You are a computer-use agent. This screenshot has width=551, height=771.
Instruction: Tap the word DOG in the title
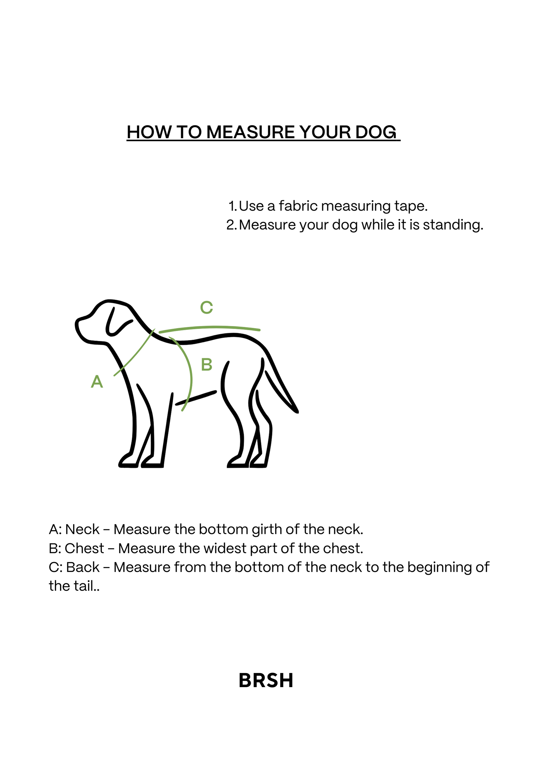point(376,132)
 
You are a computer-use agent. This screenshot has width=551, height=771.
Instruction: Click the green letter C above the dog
point(206,307)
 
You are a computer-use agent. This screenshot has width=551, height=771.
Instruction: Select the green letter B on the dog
point(207,364)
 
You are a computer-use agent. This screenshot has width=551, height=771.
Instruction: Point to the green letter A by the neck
point(97,381)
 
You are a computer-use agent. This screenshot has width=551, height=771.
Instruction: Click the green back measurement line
point(209,327)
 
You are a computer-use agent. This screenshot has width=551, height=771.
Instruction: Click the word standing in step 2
point(453,225)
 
